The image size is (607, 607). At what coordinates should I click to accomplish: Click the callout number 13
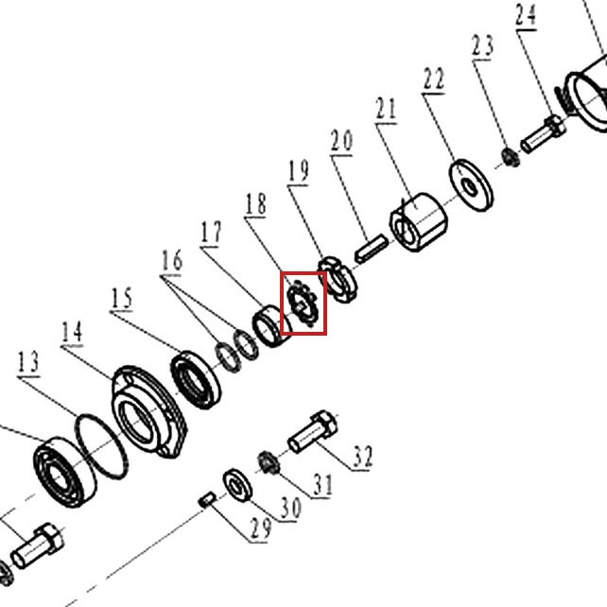pos(28,362)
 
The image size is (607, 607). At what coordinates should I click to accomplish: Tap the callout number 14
pos(72,332)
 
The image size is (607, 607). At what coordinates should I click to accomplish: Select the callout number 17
pos(212,233)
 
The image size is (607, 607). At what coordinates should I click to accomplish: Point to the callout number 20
pos(342,141)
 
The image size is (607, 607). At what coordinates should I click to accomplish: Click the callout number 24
pos(526,15)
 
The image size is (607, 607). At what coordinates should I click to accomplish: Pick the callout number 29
pos(261,528)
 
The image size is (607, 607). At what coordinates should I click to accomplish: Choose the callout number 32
pos(363,457)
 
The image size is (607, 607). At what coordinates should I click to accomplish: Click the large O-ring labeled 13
pos(101,446)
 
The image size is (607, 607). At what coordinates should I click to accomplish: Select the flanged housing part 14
pos(149,411)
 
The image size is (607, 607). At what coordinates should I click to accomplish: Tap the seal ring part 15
pos(196,380)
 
